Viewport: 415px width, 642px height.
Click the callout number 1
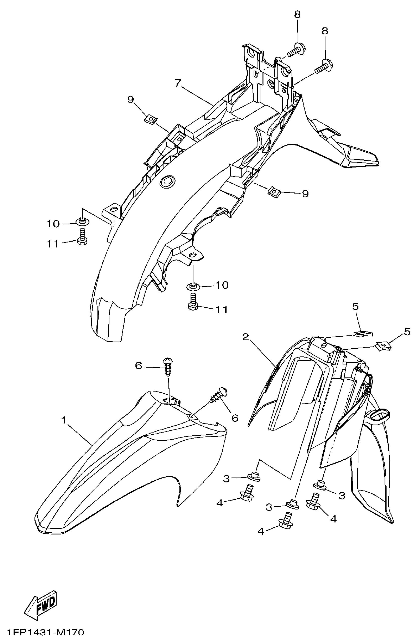(x=64, y=420)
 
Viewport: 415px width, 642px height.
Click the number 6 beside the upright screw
(x=139, y=366)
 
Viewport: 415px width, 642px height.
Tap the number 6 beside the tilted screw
(x=235, y=418)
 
